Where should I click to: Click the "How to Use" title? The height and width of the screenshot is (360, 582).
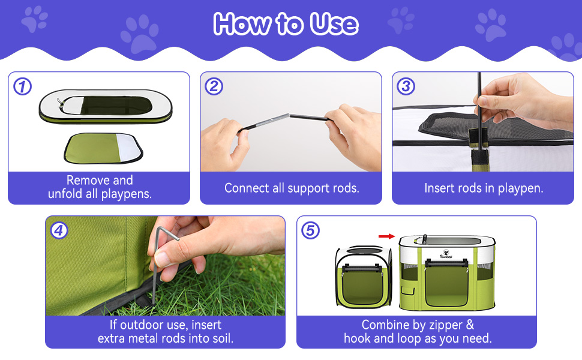click(286, 24)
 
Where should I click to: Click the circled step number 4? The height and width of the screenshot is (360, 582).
click(59, 230)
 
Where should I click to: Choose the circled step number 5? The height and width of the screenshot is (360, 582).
click(310, 230)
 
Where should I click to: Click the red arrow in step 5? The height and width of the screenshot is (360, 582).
click(387, 236)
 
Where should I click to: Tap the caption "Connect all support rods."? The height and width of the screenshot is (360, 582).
click(292, 188)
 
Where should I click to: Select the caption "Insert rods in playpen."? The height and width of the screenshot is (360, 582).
click(484, 188)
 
